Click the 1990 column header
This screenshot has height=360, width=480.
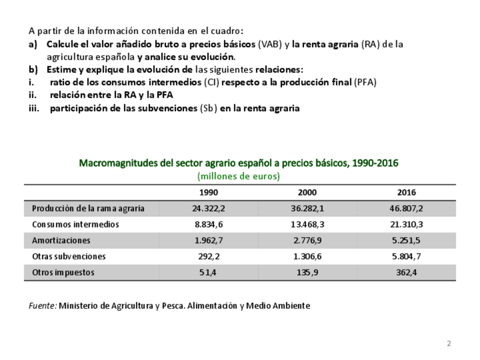tap(208, 192)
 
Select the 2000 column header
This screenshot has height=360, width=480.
tap(307, 192)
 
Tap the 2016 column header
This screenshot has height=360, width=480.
tap(406, 192)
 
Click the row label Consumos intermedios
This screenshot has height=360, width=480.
tap(75, 224)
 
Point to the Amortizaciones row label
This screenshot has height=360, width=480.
tap(61, 241)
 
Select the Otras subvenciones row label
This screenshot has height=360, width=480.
tap(68, 256)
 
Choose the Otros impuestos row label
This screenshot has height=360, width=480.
tap(63, 272)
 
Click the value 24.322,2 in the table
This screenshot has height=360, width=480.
tap(208, 208)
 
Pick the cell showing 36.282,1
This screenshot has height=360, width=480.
tap(307, 208)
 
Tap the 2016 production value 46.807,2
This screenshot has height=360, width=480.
tap(406, 208)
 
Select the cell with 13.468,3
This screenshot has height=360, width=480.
tap(307, 224)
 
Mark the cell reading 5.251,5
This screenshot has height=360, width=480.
tap(406, 241)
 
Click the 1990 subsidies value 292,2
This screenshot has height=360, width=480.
tap(208, 256)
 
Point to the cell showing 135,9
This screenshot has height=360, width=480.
tap(307, 272)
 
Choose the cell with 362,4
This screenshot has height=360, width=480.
tap(406, 272)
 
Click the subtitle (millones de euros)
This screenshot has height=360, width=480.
tap(239, 176)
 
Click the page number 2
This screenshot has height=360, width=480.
tap(449, 344)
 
